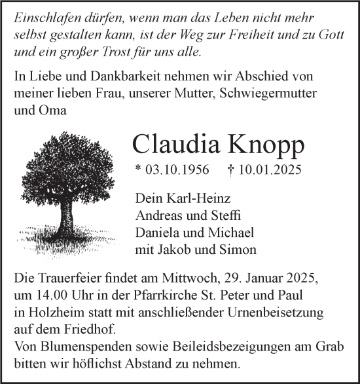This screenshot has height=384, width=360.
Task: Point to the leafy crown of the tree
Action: click(x=65, y=170)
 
